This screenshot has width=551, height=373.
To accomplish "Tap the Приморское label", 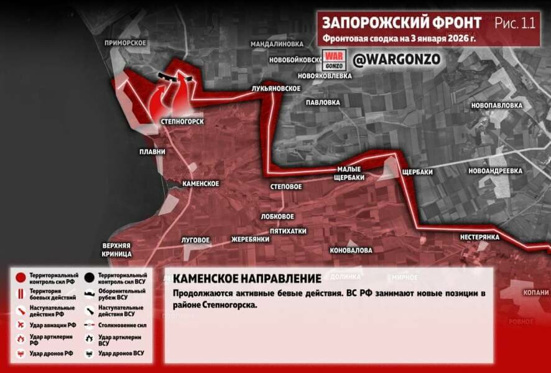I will click(126, 42).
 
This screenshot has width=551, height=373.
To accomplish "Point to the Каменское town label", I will click(200, 184).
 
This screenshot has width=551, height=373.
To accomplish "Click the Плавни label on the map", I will click(152, 151).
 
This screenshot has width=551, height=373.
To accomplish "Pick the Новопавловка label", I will click(496, 105).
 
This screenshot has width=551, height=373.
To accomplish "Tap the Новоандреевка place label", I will click(495, 170).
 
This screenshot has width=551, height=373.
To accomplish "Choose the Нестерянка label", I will click(480, 237).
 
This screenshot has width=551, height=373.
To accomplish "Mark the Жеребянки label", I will click(250, 239).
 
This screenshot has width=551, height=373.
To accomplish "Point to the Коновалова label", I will click(352, 250).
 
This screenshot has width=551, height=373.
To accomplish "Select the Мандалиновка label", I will click(277, 44).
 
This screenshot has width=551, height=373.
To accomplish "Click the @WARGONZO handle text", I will click(396, 60).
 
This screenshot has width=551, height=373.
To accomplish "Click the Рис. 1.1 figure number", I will click(515, 23).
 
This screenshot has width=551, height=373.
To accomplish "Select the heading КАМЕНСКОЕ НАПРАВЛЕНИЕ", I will click(247, 279).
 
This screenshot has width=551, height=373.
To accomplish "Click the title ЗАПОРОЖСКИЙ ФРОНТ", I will click(401, 23).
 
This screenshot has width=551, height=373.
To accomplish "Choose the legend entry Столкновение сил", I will click(121, 324).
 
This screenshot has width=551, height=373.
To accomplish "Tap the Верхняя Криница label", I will click(117, 249).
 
